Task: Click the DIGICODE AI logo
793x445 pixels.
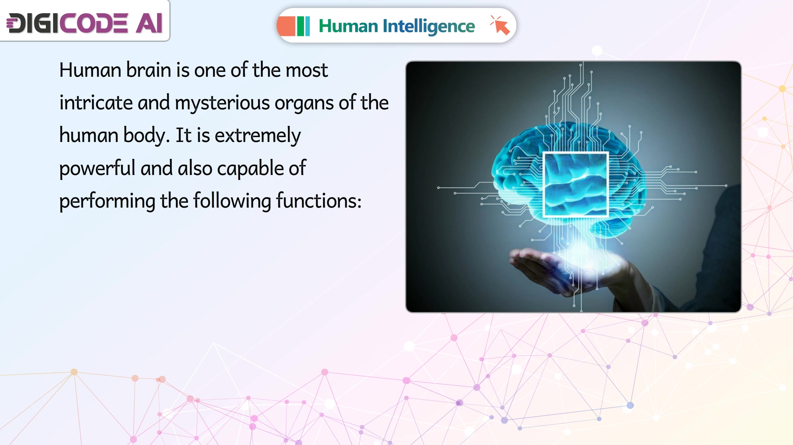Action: pyautogui.click(x=85, y=23)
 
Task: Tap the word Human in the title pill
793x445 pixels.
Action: pyautogui.click(x=348, y=26)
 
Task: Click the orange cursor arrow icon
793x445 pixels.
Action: pyautogui.click(x=500, y=25)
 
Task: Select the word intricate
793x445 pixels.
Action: pyautogui.click(x=96, y=103)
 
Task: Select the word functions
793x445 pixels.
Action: pyautogui.click(x=319, y=201)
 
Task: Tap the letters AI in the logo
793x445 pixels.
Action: pyautogui.click(x=150, y=23)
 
